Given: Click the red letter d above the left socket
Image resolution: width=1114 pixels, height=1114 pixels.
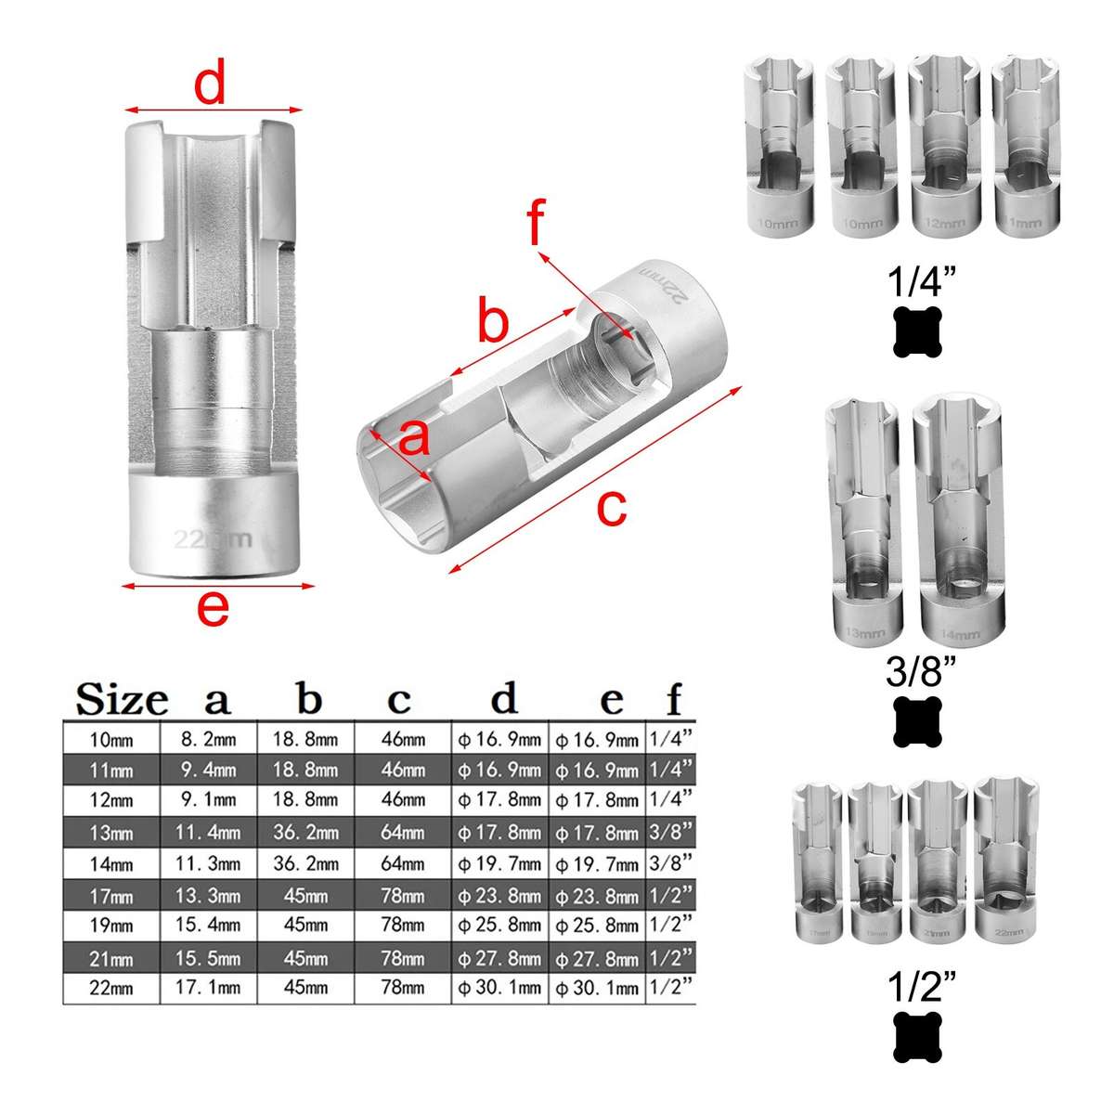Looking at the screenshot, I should tap(210, 85).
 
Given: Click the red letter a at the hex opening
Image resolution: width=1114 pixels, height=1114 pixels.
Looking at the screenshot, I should tap(414, 437).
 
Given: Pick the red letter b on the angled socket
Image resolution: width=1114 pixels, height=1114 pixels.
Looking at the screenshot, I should tap(493, 322).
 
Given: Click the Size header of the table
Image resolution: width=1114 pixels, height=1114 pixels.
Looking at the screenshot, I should tap(122, 699).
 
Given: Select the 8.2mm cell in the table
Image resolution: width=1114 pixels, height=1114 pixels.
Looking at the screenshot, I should tap(208, 740).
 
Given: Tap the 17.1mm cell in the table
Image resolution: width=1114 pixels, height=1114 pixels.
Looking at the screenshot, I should tap(208, 988).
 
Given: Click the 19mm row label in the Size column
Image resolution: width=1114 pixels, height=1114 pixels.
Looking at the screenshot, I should tap(110, 926).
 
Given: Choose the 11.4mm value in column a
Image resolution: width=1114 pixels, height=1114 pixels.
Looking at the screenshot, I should tap(208, 833).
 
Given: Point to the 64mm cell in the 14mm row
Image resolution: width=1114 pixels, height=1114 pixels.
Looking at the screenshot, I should tap(403, 864).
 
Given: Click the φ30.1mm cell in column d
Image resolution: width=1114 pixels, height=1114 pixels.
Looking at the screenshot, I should tap(499, 988).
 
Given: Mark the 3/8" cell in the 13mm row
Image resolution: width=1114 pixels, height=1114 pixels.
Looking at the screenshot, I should tap(670, 833).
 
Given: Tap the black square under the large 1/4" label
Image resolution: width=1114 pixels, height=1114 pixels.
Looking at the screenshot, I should tap(917, 331).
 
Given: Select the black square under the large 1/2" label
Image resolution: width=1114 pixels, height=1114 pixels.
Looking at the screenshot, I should tap(917, 1037).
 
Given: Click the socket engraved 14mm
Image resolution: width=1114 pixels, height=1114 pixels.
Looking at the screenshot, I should tap(959, 520).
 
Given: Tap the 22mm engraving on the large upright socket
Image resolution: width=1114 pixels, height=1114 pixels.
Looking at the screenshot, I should tap(213, 538).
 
